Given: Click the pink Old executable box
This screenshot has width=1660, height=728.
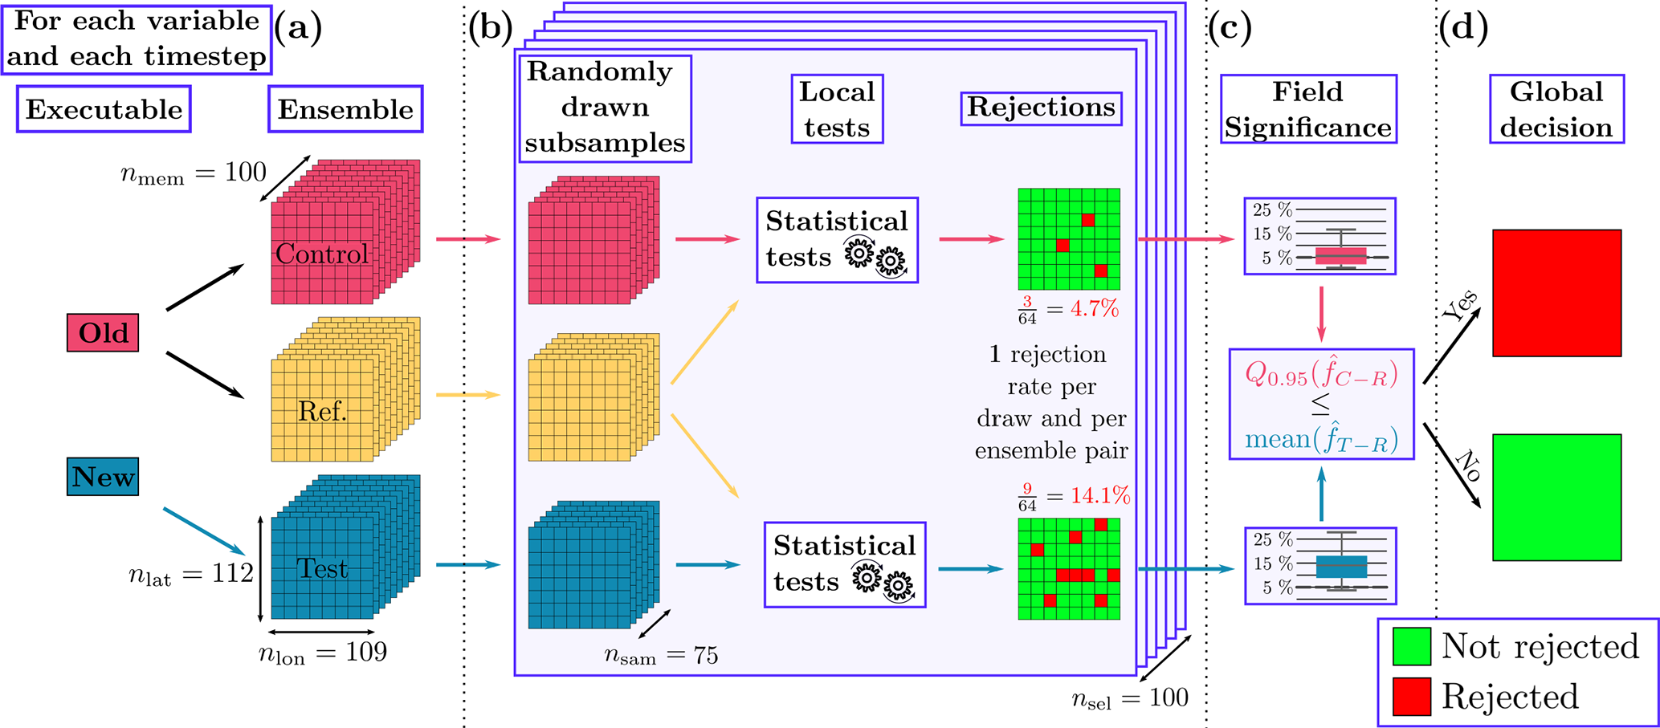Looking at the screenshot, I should coord(103,333).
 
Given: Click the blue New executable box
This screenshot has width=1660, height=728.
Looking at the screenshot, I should coord(103,477).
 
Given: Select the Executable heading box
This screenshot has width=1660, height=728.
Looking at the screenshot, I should coord(104,109).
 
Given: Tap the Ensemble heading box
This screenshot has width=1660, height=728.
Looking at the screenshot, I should coord(345,109).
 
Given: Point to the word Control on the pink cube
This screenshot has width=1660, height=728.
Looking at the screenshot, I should coord(322,254).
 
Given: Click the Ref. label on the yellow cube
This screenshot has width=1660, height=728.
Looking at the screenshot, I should coord(322,412).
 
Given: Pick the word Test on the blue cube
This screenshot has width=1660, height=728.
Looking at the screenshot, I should coord(322,568).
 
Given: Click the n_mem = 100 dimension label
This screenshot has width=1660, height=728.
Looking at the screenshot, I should coord(193,173).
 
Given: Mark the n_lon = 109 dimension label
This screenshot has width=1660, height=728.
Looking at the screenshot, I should coord(322,653).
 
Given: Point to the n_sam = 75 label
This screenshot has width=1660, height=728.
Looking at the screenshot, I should coord(660,656).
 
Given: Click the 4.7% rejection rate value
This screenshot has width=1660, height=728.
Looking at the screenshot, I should coord(1095,309).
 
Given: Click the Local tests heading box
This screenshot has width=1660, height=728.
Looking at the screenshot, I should coord(837,109).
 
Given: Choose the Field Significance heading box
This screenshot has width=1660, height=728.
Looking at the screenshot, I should coord(1308,109).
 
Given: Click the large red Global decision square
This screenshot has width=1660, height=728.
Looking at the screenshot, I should coord(1556,293).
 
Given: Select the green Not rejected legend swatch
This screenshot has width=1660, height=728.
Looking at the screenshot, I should coord(1411,646).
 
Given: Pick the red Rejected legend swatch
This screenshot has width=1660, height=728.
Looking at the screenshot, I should coord(1411,696).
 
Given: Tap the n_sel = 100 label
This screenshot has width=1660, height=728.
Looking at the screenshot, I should coord(1129,698).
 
